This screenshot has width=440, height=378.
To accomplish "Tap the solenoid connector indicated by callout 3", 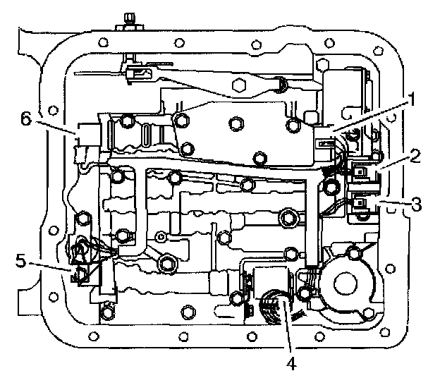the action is click(x=363, y=205).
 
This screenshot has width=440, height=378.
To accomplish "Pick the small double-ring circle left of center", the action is click(x=161, y=236).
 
